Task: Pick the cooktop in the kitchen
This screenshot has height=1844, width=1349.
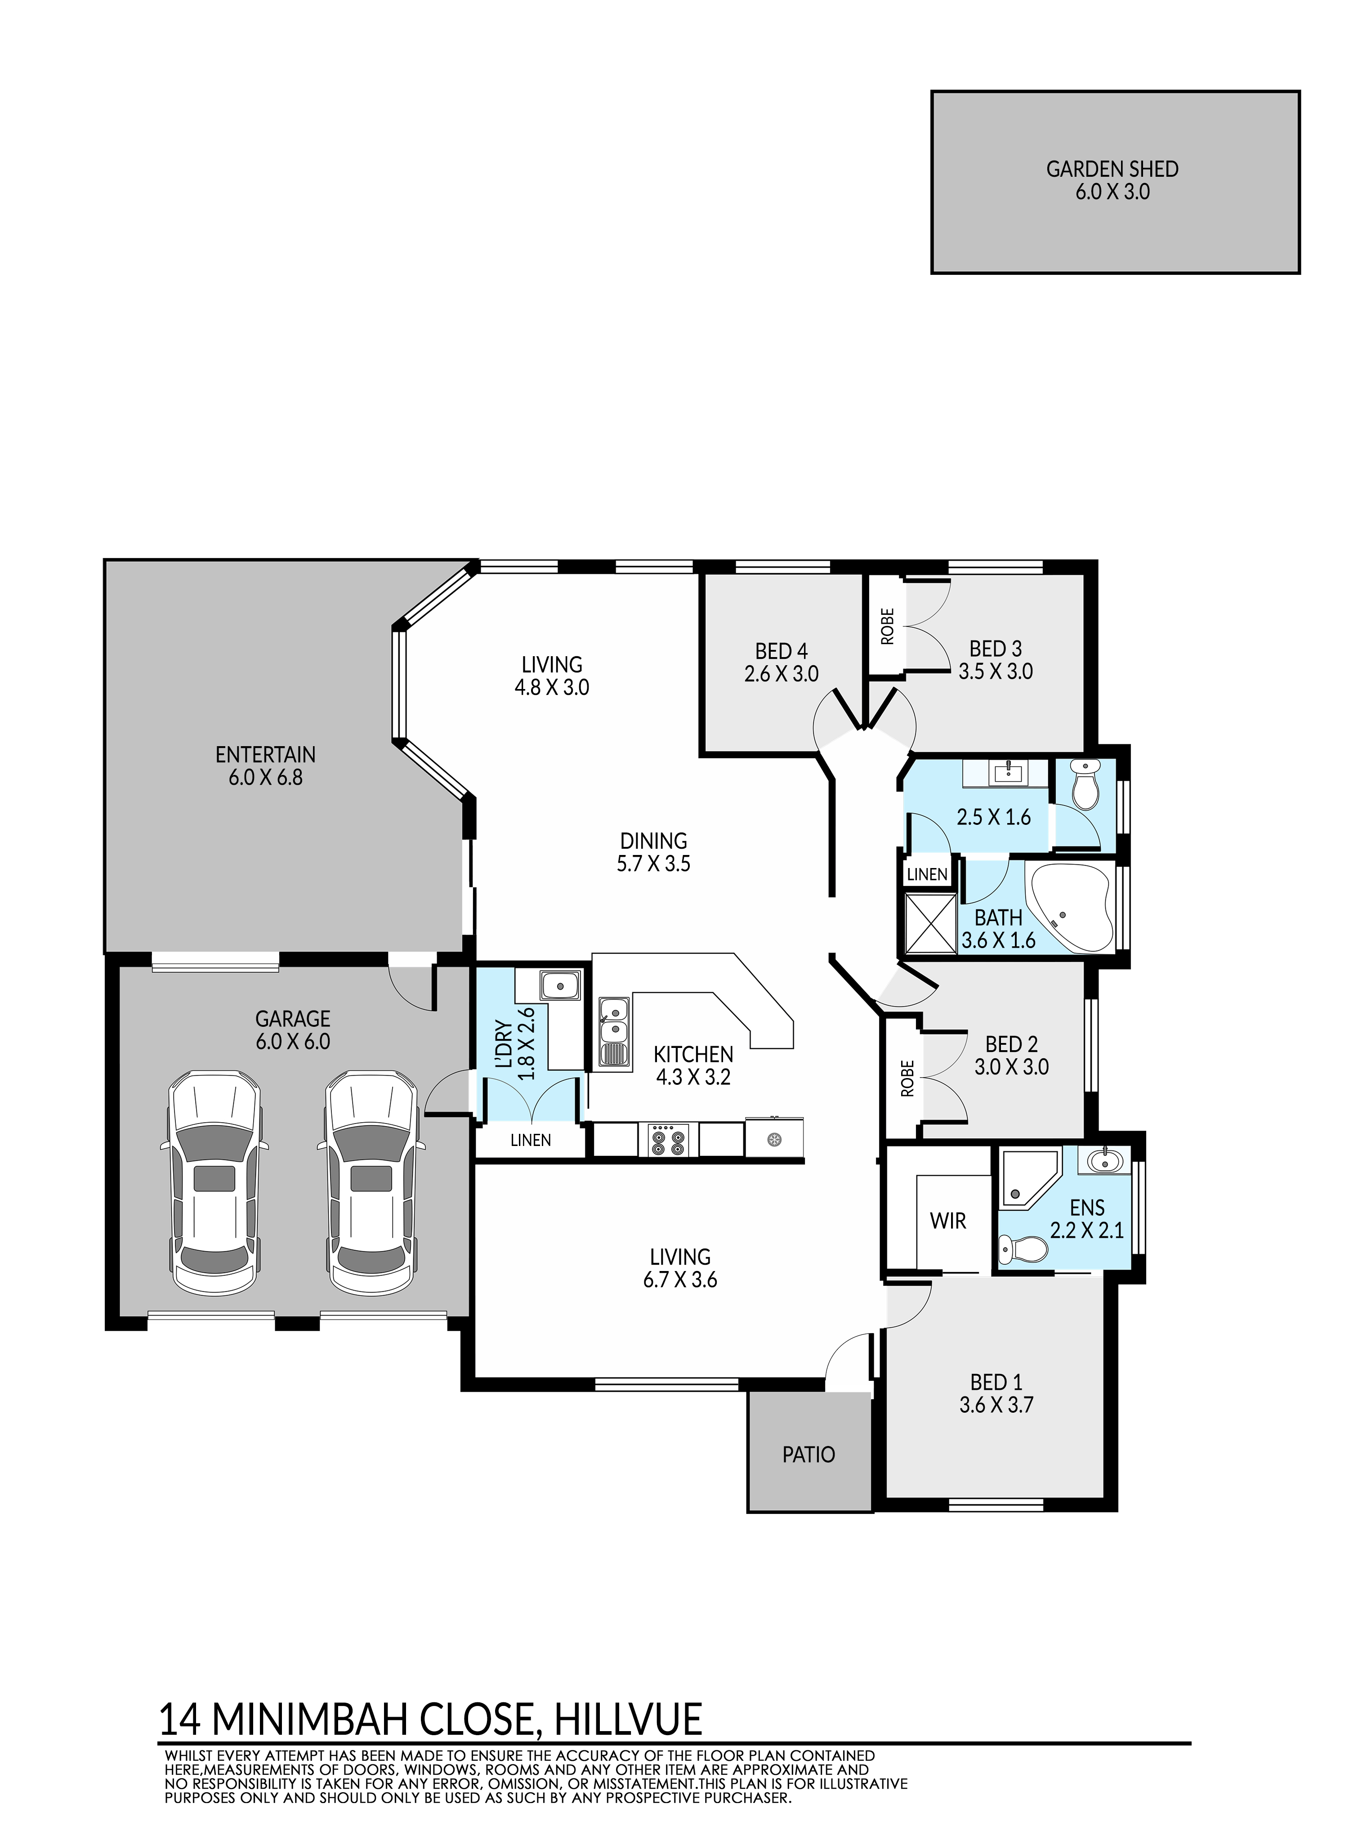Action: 668,1140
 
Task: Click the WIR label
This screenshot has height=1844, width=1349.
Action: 947,1221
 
